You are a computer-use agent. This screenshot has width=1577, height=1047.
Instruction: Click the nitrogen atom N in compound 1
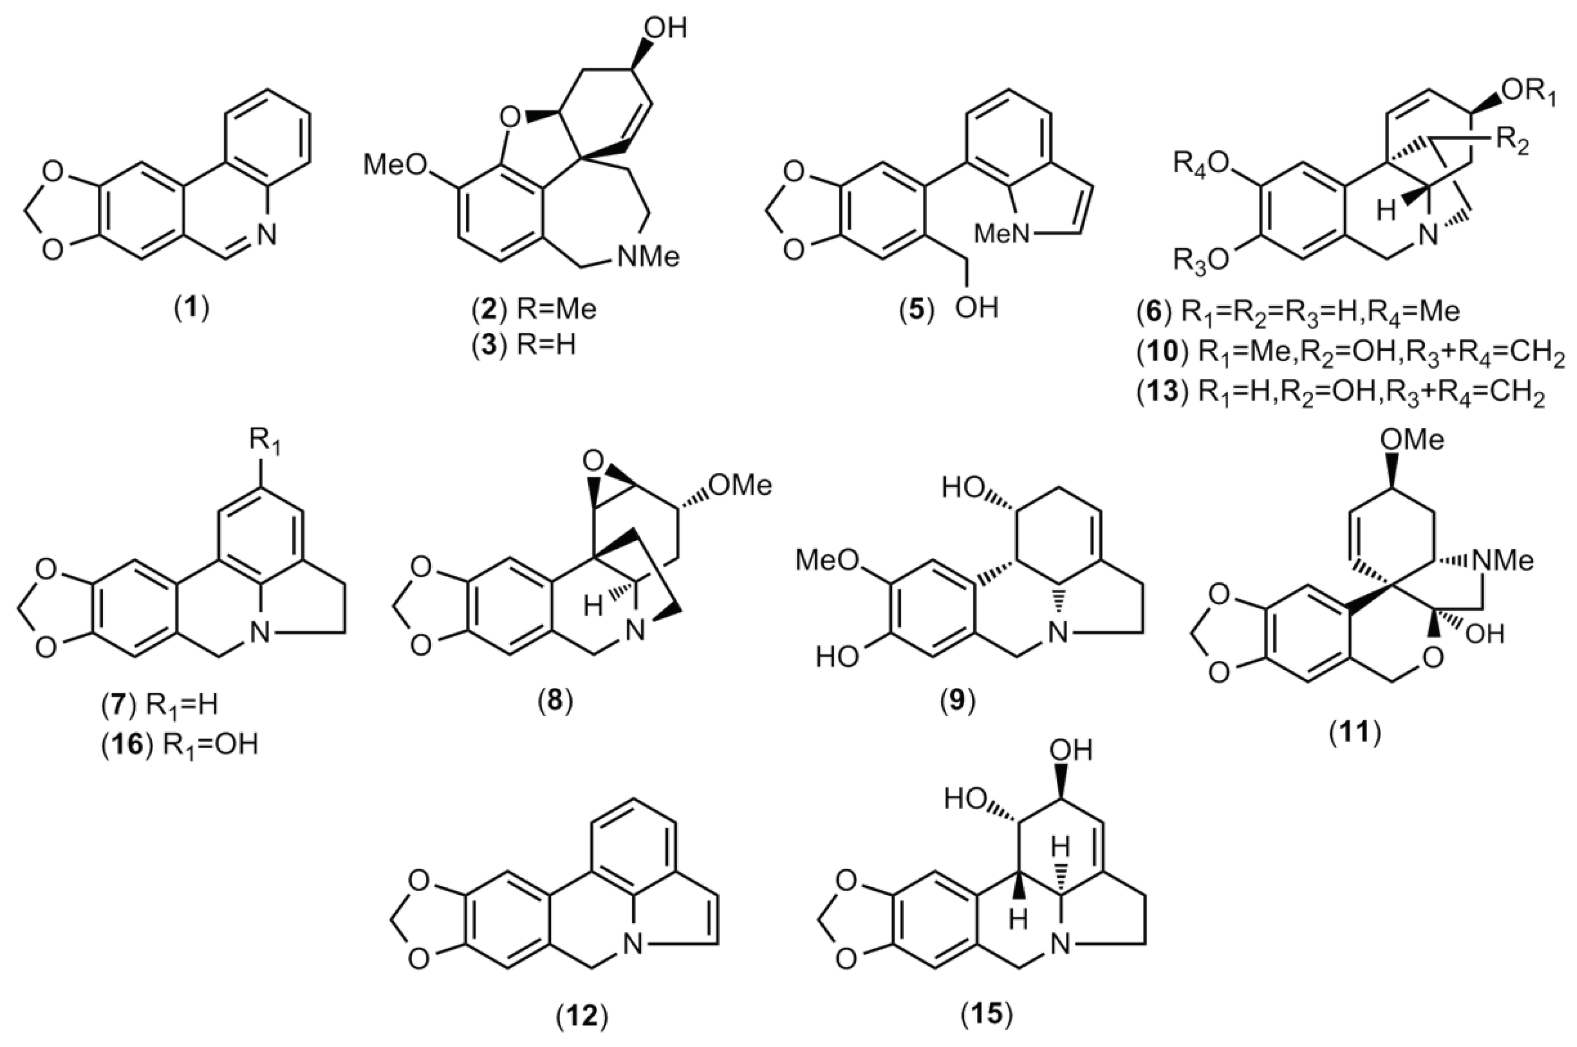(266, 233)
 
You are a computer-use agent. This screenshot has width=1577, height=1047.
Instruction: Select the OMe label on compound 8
(740, 485)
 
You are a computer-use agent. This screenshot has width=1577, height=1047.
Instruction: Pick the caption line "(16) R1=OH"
(179, 764)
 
